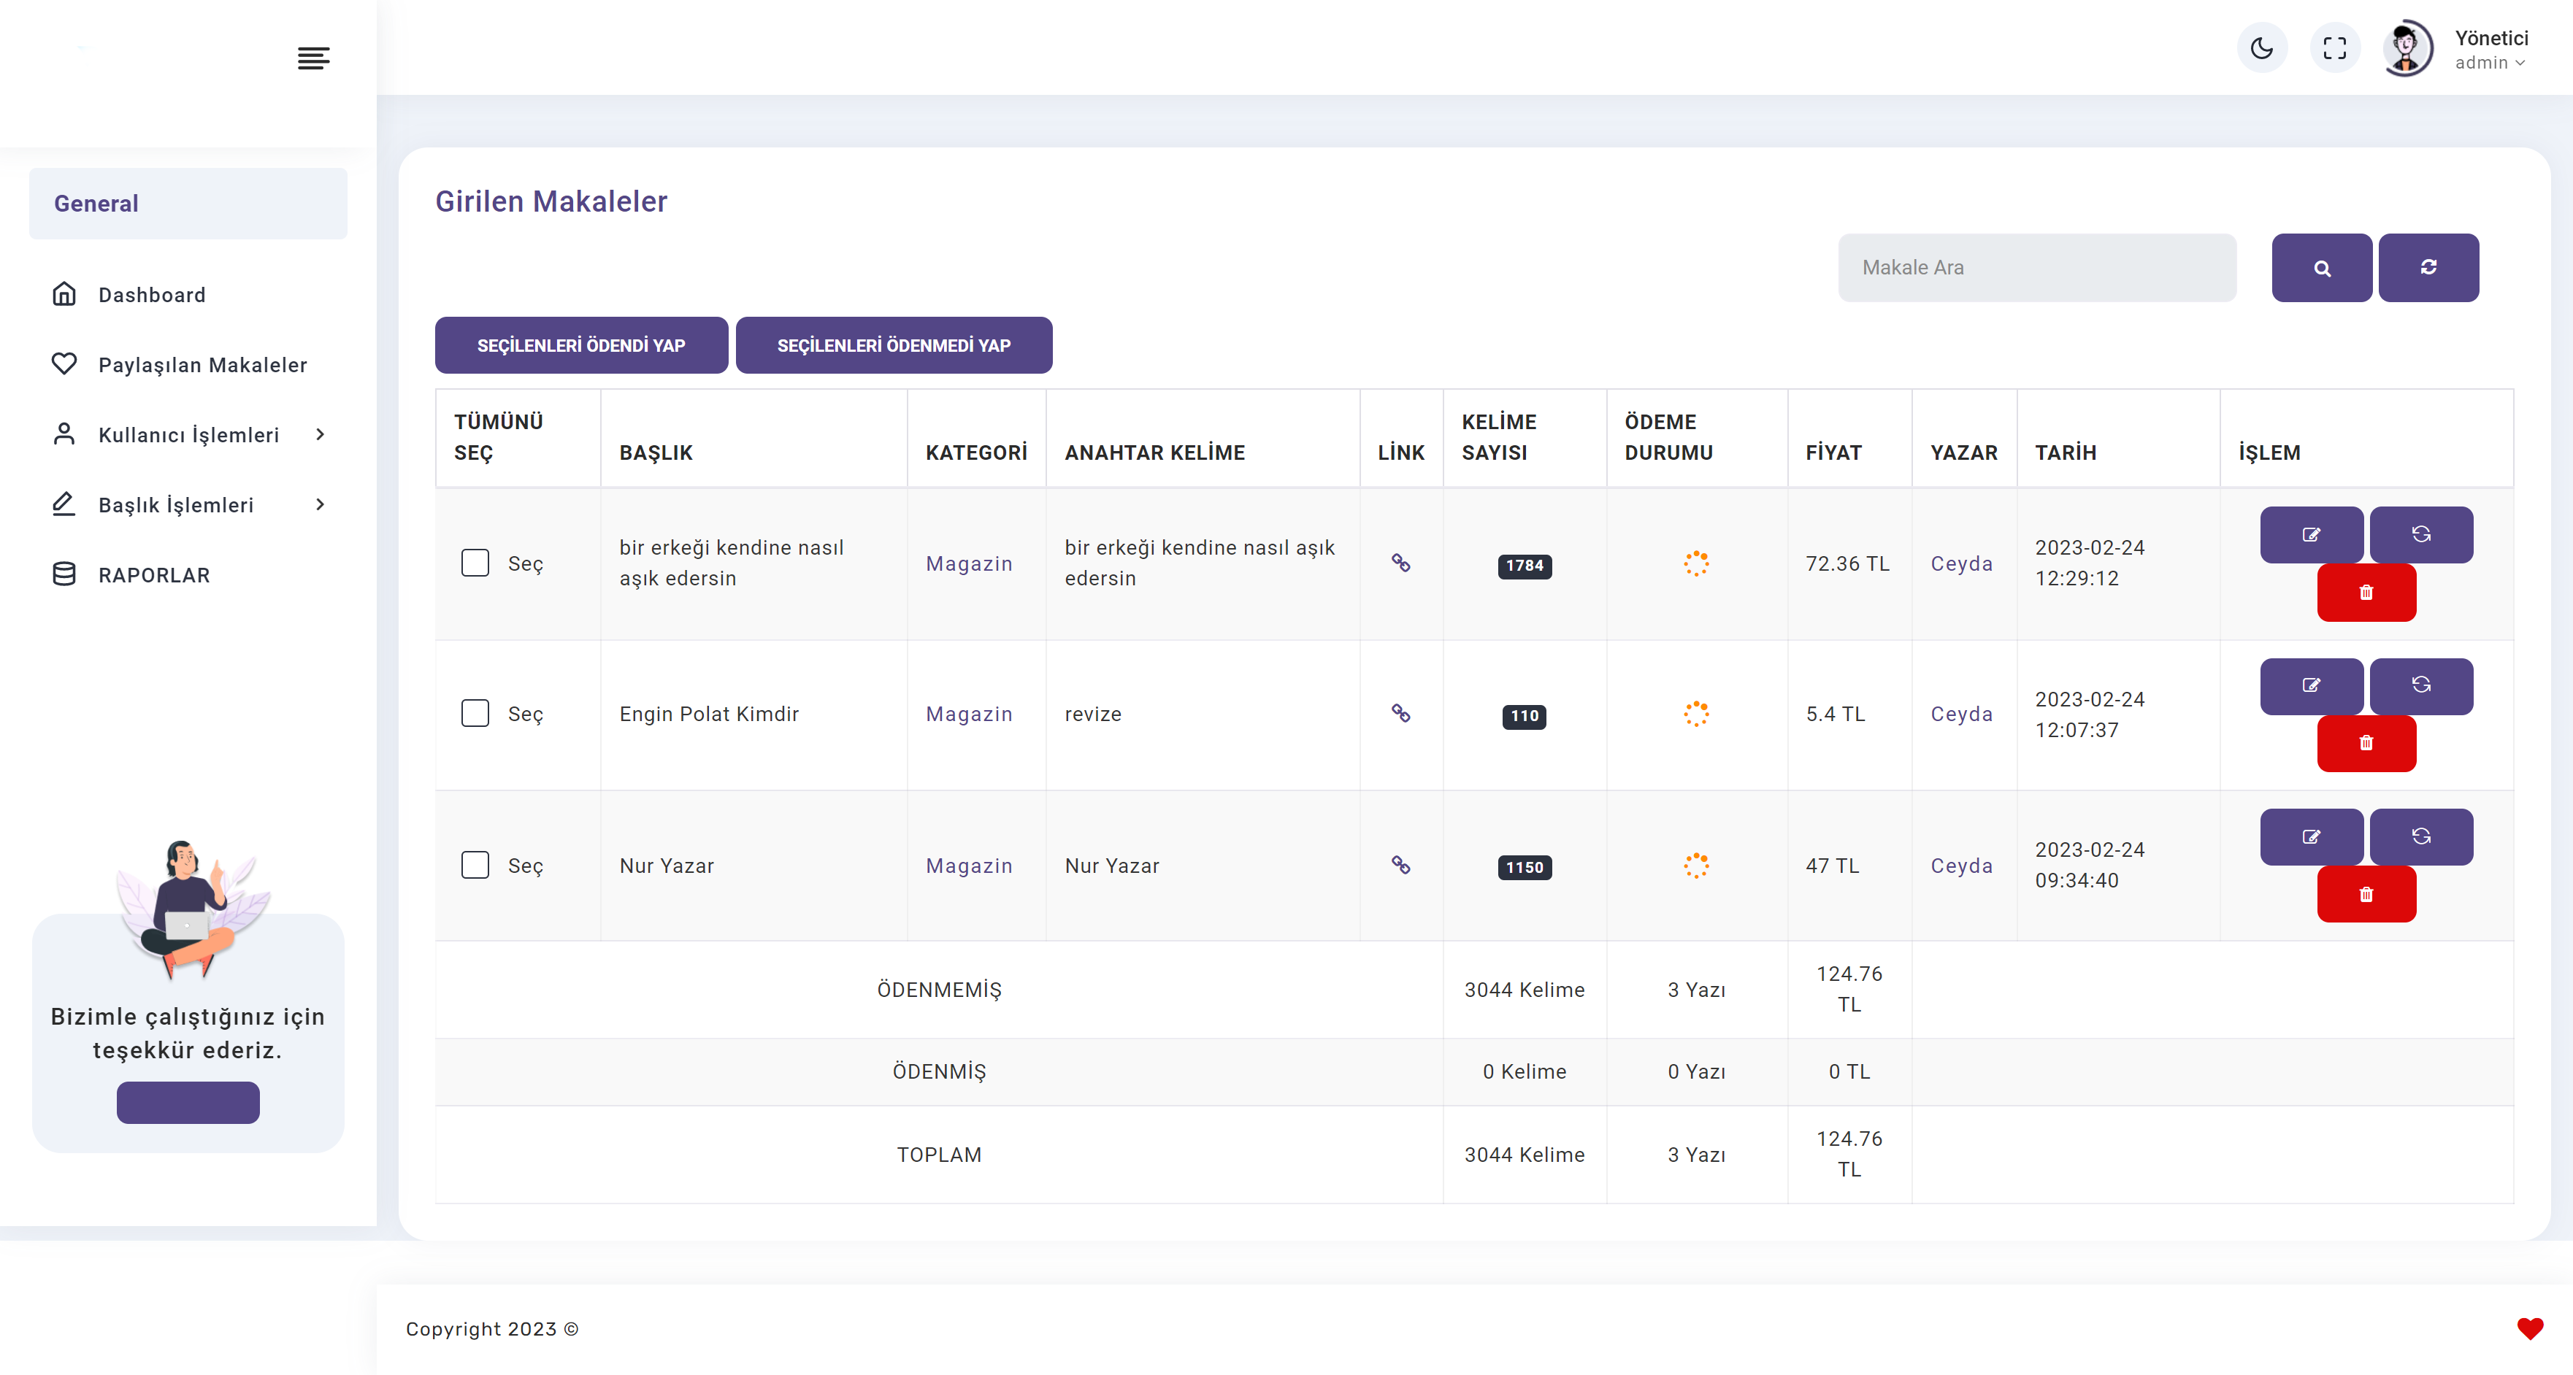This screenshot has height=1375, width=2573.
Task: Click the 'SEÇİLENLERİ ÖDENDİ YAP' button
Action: tap(581, 345)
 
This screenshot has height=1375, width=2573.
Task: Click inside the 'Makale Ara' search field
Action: tap(2036, 268)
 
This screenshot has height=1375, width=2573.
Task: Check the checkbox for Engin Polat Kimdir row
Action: tap(475, 713)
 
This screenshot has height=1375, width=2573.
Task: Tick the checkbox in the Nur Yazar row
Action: tap(475, 865)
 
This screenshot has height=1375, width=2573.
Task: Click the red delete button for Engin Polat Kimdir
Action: tap(2366, 743)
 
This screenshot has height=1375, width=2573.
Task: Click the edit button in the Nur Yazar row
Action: tap(2312, 837)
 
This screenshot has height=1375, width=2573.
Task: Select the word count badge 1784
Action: tap(1525, 566)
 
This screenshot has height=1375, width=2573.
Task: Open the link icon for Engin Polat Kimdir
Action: tap(1401, 713)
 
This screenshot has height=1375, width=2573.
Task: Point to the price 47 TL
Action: tap(1833, 866)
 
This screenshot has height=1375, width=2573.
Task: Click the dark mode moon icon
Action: tap(2263, 48)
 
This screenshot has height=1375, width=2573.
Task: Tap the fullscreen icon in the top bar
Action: tap(2335, 48)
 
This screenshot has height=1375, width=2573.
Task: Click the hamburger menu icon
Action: tap(314, 58)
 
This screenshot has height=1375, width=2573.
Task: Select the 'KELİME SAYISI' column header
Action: tap(1499, 437)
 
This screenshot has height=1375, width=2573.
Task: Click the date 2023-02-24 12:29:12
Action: tap(2090, 563)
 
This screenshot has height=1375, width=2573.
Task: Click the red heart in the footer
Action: tap(2530, 1329)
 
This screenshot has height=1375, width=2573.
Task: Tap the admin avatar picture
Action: tap(2407, 48)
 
